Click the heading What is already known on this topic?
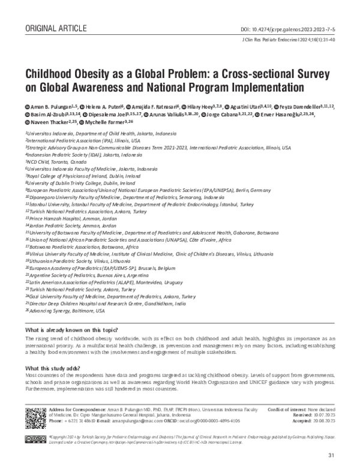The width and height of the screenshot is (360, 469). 72,331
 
